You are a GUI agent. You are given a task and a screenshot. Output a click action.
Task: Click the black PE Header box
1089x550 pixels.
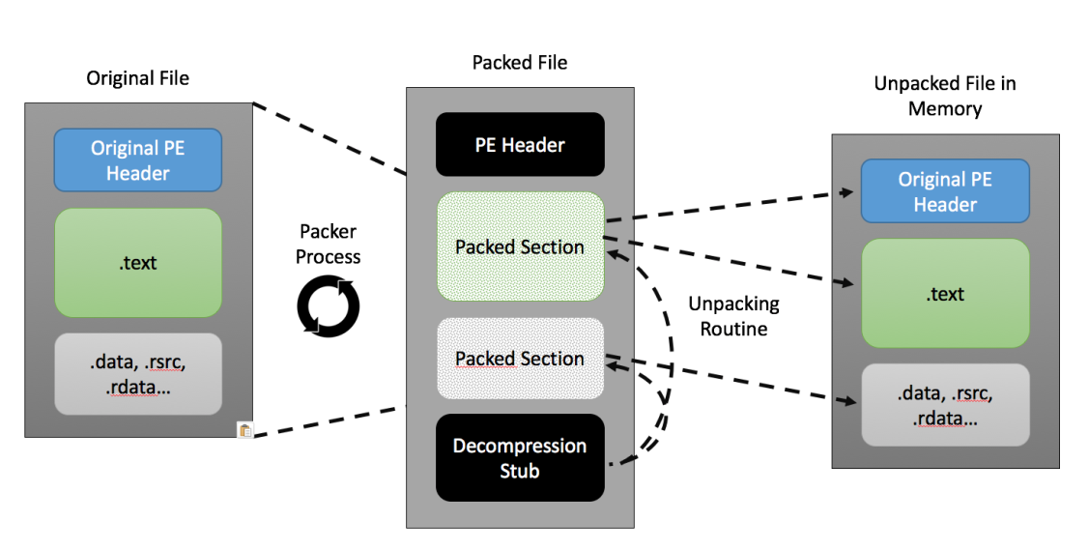[520, 144]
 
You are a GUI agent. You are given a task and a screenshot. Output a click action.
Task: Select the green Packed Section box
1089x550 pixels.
[520, 246]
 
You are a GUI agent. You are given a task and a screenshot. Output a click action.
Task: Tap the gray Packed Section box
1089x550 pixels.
[520, 359]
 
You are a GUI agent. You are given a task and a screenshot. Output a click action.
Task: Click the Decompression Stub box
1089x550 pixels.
[520, 457]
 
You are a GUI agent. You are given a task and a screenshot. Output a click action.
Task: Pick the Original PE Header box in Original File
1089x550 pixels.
[138, 159]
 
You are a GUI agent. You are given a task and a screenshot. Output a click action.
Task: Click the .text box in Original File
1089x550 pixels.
[138, 263]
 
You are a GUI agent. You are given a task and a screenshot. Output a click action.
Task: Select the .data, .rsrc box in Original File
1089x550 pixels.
[138, 374]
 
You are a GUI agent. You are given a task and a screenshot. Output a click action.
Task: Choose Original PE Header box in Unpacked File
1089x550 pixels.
[945, 191]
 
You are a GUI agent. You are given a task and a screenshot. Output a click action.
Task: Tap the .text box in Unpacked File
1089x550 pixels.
[945, 294]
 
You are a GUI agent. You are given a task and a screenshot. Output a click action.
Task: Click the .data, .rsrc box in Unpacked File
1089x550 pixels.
[945, 405]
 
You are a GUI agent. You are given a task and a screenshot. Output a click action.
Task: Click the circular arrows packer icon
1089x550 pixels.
[329, 306]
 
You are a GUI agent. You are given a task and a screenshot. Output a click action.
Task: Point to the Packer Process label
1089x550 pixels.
[328, 244]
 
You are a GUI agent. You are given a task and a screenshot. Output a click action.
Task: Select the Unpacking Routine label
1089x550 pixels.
[734, 316]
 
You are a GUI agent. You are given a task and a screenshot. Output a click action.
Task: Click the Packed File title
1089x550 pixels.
[520, 63]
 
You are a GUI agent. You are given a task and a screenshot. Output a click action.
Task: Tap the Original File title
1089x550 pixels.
[137, 77]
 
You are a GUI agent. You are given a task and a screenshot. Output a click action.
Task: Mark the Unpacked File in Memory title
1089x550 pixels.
[945, 96]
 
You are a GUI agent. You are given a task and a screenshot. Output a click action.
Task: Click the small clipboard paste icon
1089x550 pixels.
[245, 430]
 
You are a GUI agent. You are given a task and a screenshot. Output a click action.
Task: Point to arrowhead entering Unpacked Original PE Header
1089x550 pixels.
[847, 191]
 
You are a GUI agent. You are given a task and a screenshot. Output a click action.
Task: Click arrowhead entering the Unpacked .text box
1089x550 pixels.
[847, 282]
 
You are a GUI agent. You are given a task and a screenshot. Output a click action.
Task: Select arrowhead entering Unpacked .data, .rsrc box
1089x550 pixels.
[849, 401]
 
